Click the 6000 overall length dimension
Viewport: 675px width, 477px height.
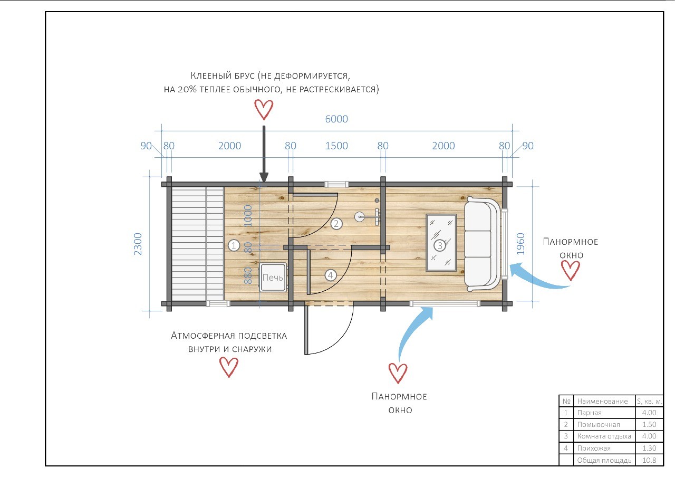tap(336, 119)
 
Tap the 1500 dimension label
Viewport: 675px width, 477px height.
tap(336, 146)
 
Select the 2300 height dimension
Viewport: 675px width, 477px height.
tap(138, 244)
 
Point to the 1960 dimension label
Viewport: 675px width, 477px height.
tap(520, 244)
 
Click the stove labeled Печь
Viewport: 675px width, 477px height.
tap(273, 277)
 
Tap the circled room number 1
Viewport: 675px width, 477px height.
tap(234, 245)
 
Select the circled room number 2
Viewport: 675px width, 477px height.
tap(336, 224)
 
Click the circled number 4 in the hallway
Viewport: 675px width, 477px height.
tap(331, 275)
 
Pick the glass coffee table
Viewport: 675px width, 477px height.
tap(441, 243)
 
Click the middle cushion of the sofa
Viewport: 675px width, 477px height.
tap(478, 244)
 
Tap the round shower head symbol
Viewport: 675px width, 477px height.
tap(359, 217)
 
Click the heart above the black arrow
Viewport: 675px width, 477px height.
tap(264, 110)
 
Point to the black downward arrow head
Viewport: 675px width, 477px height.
tap(264, 177)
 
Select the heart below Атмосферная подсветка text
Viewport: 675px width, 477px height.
tap(229, 367)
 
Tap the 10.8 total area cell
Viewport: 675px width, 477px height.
tap(649, 460)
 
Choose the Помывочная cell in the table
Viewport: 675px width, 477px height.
tap(599, 425)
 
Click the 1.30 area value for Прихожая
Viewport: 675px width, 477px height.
tap(649, 448)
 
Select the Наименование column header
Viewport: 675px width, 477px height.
tap(602, 402)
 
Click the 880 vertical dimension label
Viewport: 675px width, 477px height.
tap(248, 275)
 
